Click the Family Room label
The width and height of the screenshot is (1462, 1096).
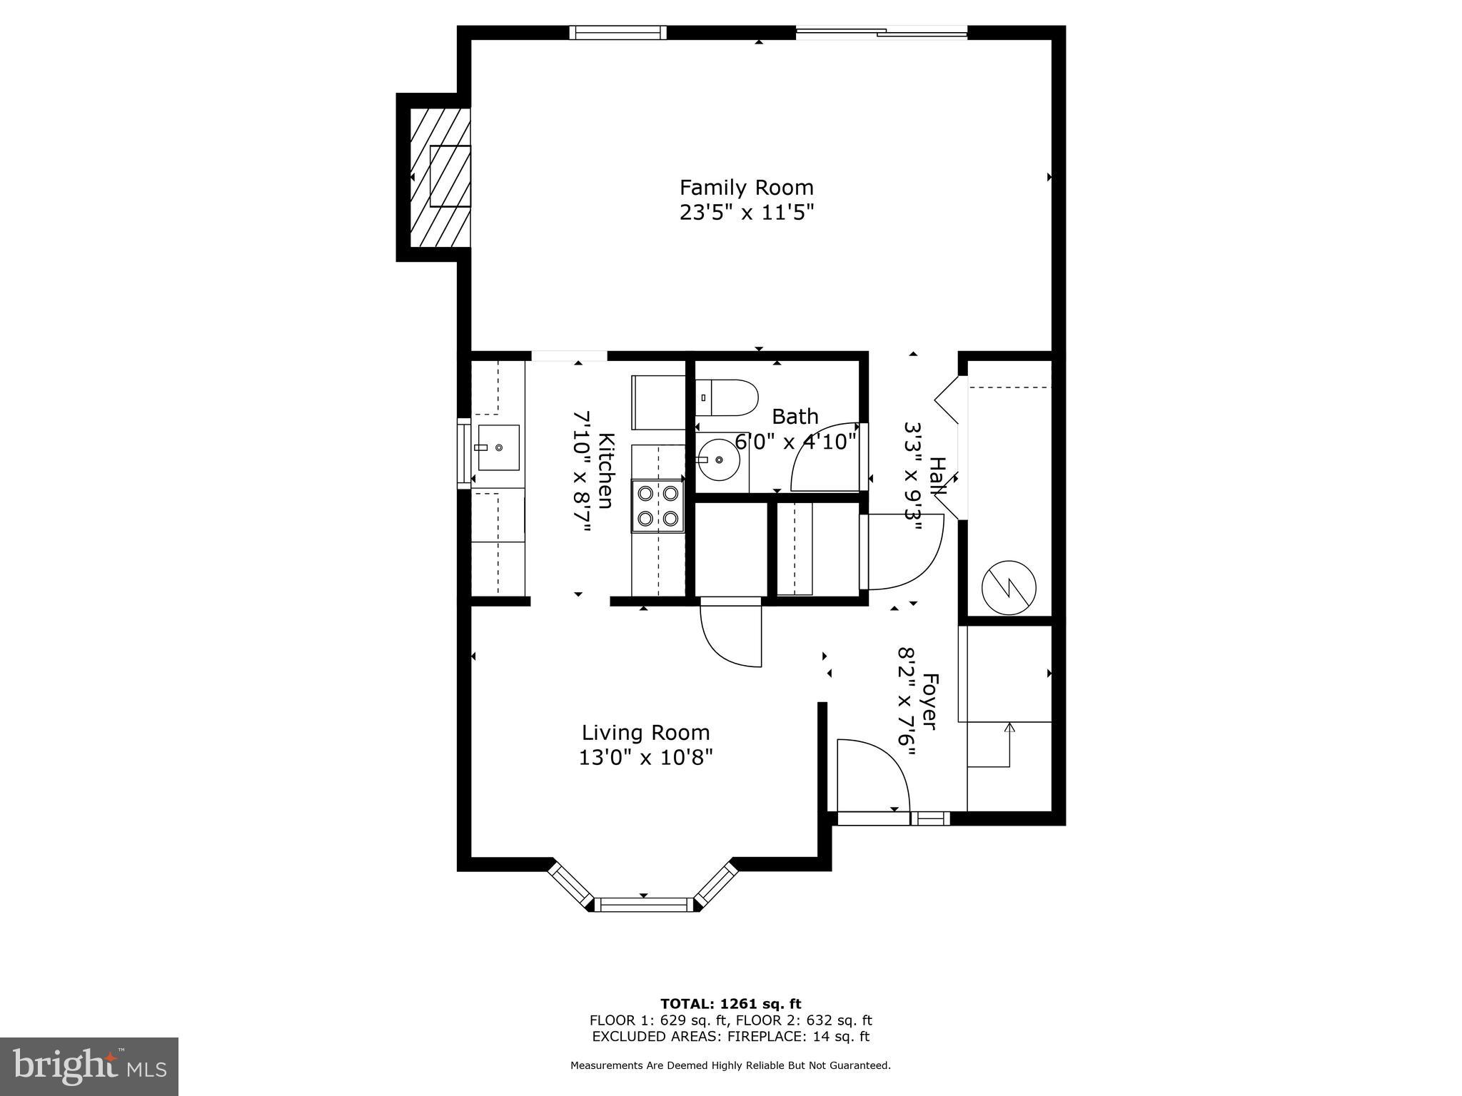pos(746,188)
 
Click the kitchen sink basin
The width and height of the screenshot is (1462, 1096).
pos(498,447)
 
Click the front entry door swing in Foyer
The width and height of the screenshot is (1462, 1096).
pos(872,775)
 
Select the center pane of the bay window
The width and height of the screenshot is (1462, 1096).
pos(643,905)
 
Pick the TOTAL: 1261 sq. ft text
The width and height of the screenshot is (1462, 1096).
pos(730,1004)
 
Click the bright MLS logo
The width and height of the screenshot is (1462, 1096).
pos(89,1067)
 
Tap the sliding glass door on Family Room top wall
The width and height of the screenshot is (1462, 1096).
pos(882,31)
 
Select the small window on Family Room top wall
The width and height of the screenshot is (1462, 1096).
pos(617,32)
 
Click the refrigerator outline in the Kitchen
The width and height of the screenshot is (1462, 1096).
pos(658,402)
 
